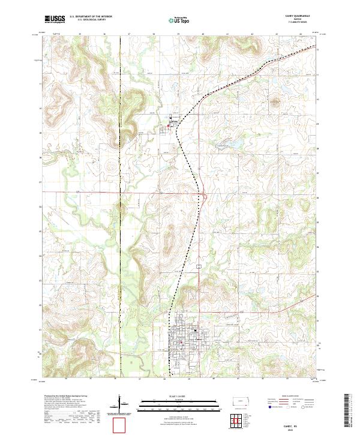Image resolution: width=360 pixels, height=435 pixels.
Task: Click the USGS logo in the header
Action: (55, 19)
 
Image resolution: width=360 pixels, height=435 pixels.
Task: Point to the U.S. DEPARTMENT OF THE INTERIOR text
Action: (91, 17)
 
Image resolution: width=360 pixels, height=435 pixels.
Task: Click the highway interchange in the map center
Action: (205, 194)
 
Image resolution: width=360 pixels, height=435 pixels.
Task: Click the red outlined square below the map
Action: (121, 425)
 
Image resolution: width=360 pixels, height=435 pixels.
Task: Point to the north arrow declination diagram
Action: (120, 403)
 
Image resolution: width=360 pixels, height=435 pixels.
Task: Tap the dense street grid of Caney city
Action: (185, 340)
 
